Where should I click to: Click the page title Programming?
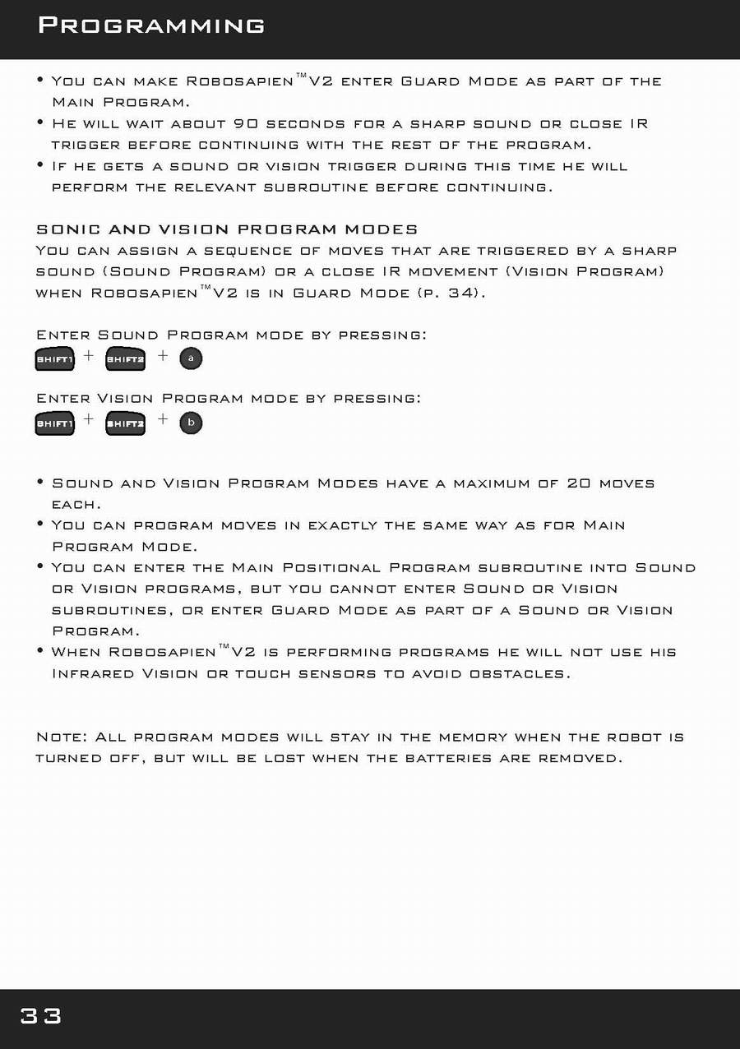151,25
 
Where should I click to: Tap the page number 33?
41,1016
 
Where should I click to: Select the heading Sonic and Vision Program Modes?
227,229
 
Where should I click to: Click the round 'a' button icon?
191,358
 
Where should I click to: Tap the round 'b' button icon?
191,423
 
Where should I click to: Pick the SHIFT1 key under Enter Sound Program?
55,359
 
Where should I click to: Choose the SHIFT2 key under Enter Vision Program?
126,423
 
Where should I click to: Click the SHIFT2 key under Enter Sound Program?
126,359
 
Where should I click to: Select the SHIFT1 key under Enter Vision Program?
55,423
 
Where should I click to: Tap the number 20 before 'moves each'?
579,483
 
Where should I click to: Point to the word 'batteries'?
449,758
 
